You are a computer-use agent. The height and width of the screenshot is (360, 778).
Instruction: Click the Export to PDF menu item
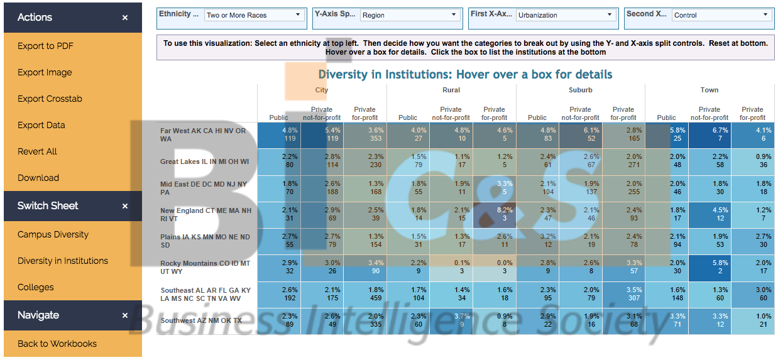(x=46, y=46)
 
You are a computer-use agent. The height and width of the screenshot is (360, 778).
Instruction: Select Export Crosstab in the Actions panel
(x=50, y=99)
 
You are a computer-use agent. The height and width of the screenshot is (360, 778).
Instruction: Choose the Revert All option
(x=37, y=151)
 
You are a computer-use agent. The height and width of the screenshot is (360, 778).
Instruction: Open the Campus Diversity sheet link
(x=53, y=234)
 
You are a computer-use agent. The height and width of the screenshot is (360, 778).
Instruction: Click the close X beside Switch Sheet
(x=125, y=206)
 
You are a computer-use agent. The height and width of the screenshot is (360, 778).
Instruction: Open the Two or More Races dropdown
(x=255, y=15)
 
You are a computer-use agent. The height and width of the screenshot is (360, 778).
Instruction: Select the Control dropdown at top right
(x=721, y=15)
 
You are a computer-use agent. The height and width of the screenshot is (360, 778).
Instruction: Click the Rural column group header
(x=451, y=90)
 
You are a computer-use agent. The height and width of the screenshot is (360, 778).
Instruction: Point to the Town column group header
(x=710, y=90)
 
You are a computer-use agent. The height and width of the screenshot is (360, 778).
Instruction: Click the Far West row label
(x=204, y=134)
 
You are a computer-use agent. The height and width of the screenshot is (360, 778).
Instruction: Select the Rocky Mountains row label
(x=205, y=267)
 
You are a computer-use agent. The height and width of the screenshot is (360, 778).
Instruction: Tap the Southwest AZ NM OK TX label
(x=201, y=320)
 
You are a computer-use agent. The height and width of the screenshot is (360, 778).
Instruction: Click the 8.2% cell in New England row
(x=494, y=214)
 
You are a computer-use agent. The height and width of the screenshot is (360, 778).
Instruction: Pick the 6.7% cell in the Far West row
(x=710, y=134)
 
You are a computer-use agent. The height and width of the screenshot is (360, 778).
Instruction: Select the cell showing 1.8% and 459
(x=364, y=294)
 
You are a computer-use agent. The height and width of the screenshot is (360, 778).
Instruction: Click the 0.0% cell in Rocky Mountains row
(x=494, y=267)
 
